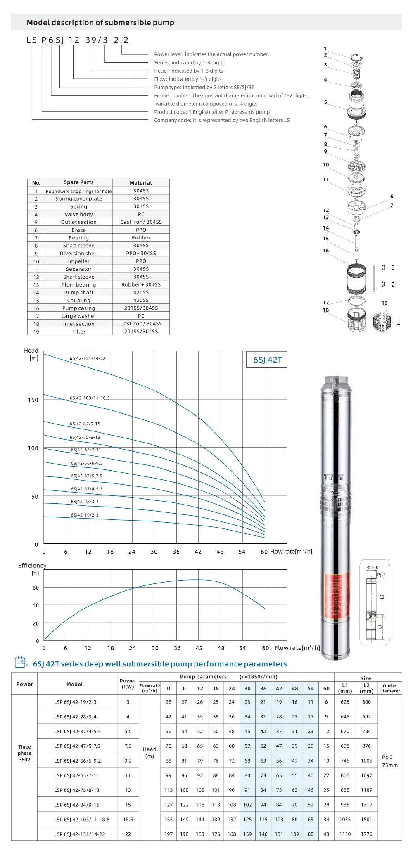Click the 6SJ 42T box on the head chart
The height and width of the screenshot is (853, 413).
[267, 360]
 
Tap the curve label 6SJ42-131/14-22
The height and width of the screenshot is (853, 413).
[88, 358]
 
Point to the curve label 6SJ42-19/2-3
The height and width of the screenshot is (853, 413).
[85, 515]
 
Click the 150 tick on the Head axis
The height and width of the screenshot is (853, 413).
[33, 400]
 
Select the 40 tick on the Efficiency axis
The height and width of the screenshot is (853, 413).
[36, 605]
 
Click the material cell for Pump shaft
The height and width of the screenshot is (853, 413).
[141, 292]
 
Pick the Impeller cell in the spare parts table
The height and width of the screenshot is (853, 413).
[79, 261]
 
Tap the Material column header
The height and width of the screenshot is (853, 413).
[141, 182]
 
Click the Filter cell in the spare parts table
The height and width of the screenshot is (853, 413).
[79, 332]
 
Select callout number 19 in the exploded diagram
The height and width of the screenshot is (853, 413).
[385, 303]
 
